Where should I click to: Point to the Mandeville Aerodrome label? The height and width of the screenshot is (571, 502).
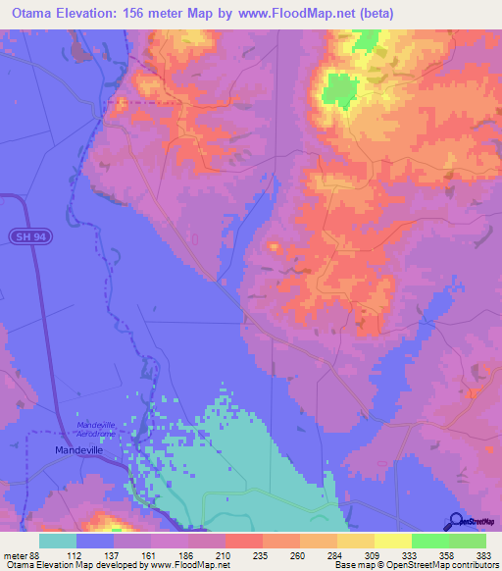[96, 428]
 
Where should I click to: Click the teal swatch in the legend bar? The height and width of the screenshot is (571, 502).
[58, 541]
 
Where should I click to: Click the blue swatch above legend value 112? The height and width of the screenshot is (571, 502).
[95, 541]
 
